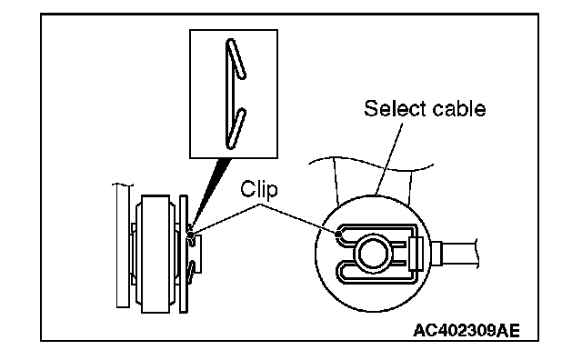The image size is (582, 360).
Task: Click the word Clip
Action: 258,189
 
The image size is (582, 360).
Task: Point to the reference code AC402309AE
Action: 467,330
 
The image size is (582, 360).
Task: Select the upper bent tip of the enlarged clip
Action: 242,76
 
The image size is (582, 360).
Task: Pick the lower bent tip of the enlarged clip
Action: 242,111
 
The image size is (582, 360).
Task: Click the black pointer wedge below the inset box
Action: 210,193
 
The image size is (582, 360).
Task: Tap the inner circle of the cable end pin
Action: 373,254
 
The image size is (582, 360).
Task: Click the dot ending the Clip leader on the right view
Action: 337,235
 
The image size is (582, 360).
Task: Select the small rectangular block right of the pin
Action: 416,255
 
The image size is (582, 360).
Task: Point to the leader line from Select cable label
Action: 388,159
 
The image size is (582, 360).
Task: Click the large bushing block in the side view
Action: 156,254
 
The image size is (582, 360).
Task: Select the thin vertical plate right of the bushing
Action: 184,254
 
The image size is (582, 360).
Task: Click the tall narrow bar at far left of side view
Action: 123,245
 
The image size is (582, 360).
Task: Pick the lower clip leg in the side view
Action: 191,272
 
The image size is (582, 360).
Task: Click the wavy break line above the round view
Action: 371,164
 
